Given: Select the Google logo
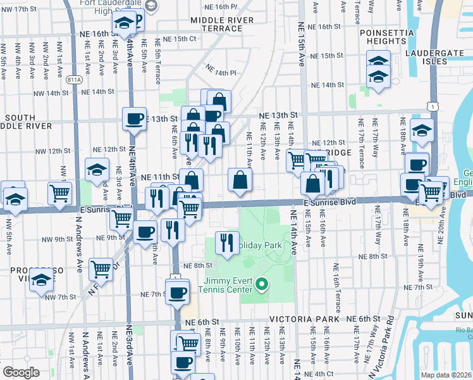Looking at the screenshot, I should coord(20,372).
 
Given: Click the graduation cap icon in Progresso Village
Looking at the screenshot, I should coord(40,279).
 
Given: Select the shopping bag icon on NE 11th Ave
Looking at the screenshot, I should coord(240,179).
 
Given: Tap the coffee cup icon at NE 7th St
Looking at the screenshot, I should coord(177,292).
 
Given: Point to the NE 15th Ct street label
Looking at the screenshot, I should coord(165,39).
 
